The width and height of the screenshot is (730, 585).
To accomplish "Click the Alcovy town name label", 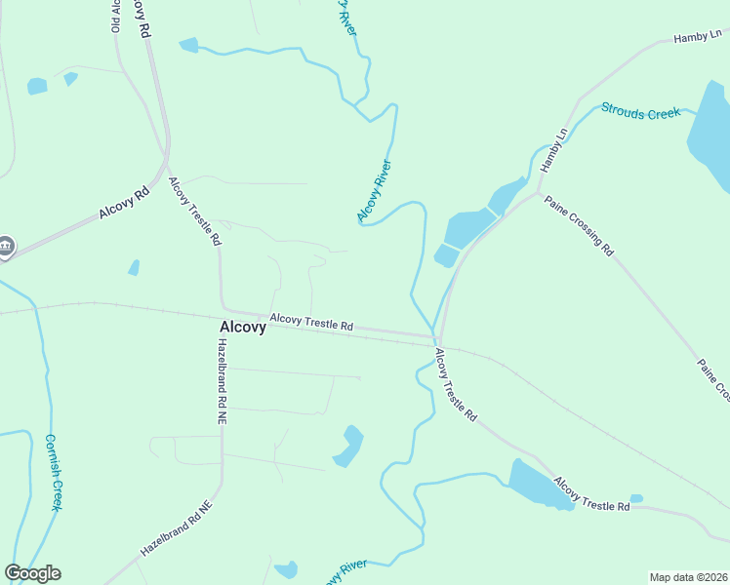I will [x=242, y=328].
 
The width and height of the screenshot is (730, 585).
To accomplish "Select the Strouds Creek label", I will [x=640, y=112].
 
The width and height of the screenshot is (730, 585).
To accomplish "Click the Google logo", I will [x=32, y=573].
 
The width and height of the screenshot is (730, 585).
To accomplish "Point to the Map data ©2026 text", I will [x=689, y=577].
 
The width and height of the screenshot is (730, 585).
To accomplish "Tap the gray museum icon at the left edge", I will [x=6, y=247].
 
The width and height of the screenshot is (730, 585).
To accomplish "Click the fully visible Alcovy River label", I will [x=374, y=190].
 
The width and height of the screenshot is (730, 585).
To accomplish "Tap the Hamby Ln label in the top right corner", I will [x=701, y=37].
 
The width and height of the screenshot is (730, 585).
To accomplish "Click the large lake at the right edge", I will [x=711, y=136].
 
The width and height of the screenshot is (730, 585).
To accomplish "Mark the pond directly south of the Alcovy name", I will [x=348, y=446].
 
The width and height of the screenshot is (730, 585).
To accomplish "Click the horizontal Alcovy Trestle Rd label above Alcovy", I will [x=310, y=321].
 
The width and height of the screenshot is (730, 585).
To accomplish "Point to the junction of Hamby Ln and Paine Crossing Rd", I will [x=539, y=192].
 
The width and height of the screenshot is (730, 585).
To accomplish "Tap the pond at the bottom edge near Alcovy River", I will [x=286, y=569].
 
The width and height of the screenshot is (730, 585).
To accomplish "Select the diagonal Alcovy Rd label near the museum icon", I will [x=123, y=204].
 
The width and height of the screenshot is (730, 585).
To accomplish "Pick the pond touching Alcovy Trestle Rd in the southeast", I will [x=541, y=484].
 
